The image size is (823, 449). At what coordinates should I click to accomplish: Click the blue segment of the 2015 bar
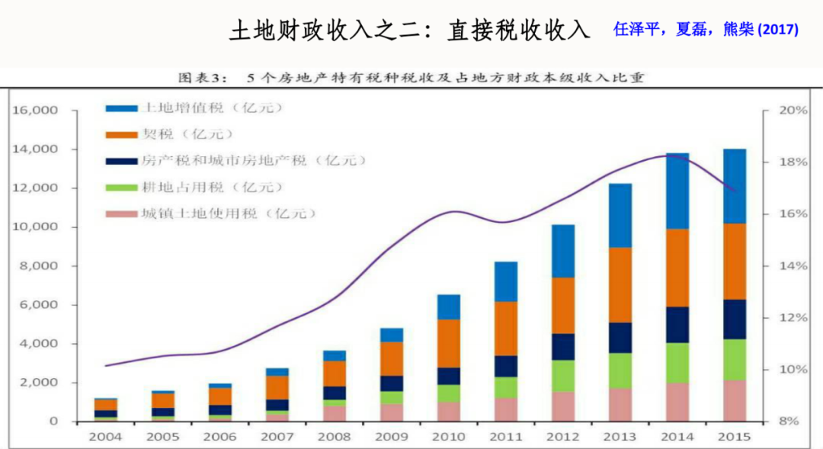click(735, 185)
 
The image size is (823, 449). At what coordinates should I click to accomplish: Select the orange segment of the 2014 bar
click(677, 268)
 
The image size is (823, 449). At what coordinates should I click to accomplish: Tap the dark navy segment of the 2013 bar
click(620, 338)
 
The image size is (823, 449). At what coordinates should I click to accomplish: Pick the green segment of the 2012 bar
click(563, 376)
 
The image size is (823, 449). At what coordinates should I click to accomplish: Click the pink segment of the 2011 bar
click(505, 409)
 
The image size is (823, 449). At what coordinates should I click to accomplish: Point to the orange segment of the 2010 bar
click(448, 343)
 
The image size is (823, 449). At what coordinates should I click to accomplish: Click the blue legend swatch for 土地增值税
click(120, 108)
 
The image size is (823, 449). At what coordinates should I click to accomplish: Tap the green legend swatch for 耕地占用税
click(120, 188)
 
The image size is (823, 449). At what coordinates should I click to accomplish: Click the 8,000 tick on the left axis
click(39, 266)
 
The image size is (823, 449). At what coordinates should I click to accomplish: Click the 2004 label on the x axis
click(104, 437)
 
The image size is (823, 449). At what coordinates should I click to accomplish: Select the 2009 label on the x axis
click(391, 437)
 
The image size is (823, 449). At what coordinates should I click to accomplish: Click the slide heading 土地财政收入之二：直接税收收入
click(410, 30)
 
